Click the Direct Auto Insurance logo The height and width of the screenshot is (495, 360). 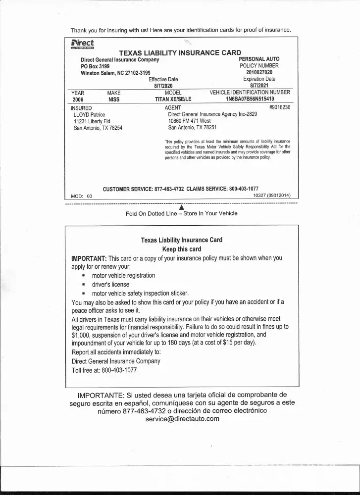(x=82, y=45)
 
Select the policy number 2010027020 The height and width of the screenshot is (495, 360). (x=259, y=72)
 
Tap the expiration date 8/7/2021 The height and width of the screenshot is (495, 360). (x=259, y=86)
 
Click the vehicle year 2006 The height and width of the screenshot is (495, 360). (x=78, y=99)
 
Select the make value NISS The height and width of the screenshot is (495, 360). (x=114, y=99)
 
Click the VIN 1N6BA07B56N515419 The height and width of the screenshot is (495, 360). (x=250, y=99)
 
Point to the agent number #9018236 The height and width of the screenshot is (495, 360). (x=280, y=107)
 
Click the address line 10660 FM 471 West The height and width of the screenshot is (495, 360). (x=189, y=121)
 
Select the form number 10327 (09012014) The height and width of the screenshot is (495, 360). (x=272, y=196)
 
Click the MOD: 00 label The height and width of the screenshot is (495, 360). (x=82, y=196)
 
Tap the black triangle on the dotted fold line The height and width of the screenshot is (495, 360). (x=181, y=207)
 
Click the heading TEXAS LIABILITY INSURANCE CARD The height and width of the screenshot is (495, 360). (x=180, y=52)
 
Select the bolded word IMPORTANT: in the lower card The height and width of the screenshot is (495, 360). (x=89, y=258)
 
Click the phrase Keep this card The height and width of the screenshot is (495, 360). (x=182, y=249)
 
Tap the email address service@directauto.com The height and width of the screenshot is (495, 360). (x=182, y=419)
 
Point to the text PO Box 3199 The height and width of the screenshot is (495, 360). (x=95, y=66)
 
